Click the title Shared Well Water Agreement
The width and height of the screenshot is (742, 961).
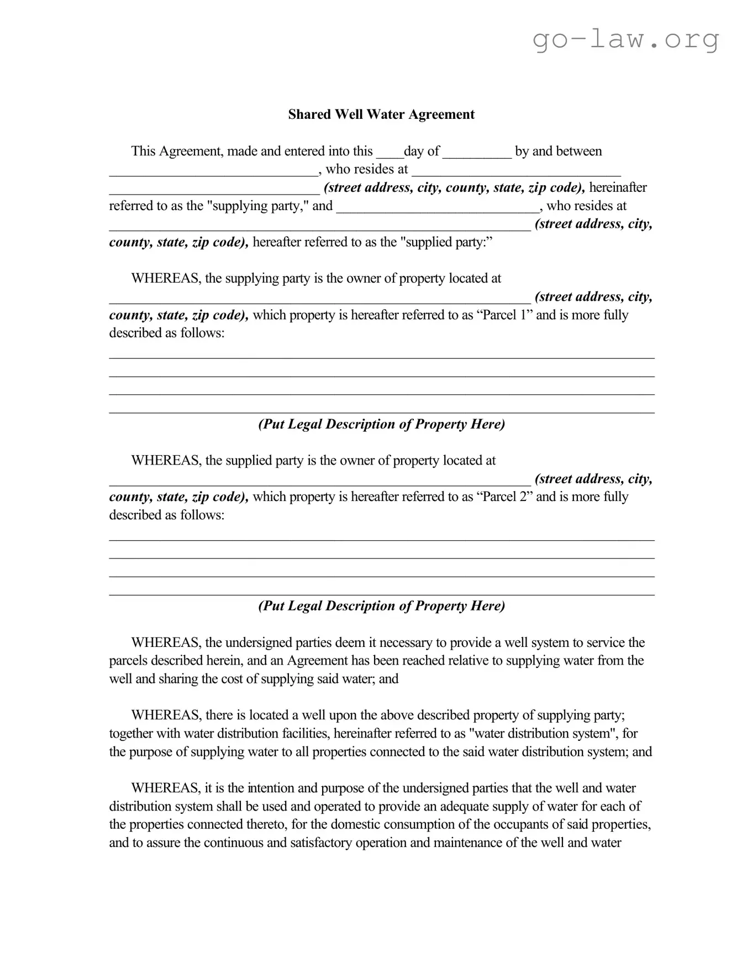381,114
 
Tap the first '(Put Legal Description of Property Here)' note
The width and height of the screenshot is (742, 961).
381,424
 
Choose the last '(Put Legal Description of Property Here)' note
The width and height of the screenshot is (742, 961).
381,606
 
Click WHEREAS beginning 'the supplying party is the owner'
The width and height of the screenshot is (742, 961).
166,278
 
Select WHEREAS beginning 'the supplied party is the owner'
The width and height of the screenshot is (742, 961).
166,461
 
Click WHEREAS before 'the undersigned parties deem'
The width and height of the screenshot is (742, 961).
166,643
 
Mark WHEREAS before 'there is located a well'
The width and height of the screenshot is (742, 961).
166,715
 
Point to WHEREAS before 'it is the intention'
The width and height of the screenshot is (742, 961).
166,788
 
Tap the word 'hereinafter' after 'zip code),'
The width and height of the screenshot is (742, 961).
618,187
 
